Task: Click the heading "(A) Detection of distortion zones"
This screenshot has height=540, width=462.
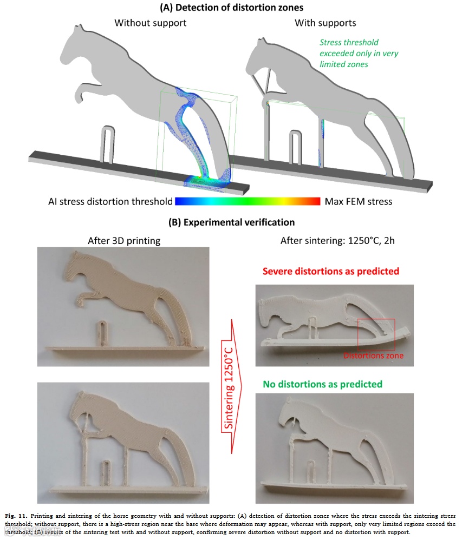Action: (x=231, y=8)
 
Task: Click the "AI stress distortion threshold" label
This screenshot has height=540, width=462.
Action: (x=110, y=202)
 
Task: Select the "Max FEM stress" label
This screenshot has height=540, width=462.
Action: (x=359, y=202)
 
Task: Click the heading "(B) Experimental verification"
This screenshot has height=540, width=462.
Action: (x=231, y=222)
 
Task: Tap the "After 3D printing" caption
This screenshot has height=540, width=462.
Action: (x=124, y=241)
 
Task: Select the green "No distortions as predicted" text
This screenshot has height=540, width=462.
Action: (x=323, y=384)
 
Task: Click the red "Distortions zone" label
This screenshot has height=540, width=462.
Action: (x=374, y=356)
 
